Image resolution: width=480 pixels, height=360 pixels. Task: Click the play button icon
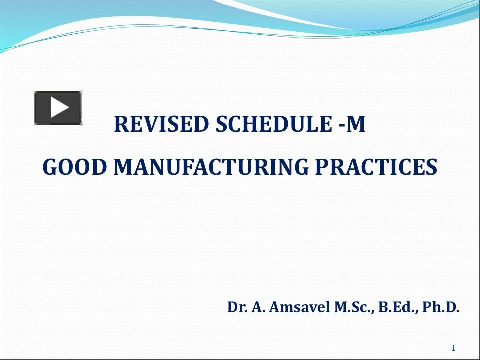58,108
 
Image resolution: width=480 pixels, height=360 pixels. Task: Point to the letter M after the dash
356,125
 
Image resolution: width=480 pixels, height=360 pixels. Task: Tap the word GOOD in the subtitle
74,167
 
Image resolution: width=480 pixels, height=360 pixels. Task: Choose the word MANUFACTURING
212,167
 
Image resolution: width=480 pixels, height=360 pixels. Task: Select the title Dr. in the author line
236,307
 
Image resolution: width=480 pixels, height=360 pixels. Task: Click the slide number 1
453,348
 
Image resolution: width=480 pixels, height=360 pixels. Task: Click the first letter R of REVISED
121,125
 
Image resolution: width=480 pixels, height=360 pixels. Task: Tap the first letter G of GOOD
50,167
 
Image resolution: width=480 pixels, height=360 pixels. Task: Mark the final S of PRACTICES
432,167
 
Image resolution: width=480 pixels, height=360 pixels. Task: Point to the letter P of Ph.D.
426,307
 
